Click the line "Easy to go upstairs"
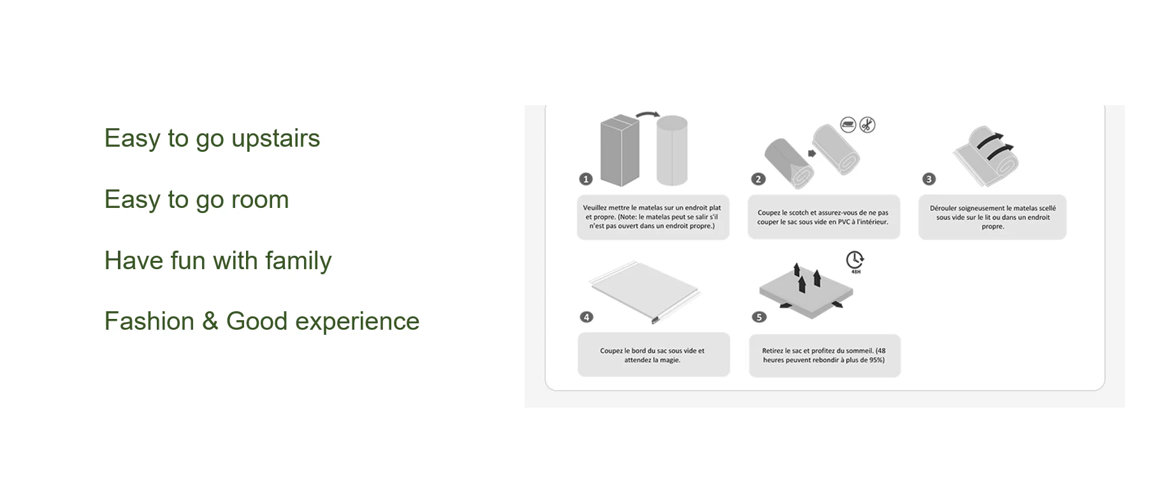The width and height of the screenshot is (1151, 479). (212, 139)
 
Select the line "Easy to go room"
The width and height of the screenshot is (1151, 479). (197, 200)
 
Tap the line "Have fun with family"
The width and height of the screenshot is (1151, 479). (218, 262)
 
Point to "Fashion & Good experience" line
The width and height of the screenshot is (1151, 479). (262, 321)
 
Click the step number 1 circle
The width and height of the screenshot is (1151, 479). (586, 179)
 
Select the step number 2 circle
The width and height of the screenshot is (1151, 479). (758, 179)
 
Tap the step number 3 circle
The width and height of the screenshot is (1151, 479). (929, 179)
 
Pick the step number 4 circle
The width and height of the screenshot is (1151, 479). (586, 317)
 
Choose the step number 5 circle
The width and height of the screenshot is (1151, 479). (759, 317)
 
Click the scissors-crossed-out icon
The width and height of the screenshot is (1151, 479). (867, 125)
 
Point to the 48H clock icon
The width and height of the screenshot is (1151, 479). (855, 261)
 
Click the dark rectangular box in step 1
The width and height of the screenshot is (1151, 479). (620, 150)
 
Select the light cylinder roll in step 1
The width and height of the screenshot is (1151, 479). (672, 151)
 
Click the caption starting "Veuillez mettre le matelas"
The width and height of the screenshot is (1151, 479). (653, 217)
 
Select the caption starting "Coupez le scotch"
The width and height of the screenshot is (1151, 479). (823, 217)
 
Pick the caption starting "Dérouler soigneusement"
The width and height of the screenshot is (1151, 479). (992, 217)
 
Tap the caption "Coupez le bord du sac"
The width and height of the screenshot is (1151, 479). (653, 355)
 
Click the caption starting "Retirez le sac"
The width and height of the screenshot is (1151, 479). (824, 355)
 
